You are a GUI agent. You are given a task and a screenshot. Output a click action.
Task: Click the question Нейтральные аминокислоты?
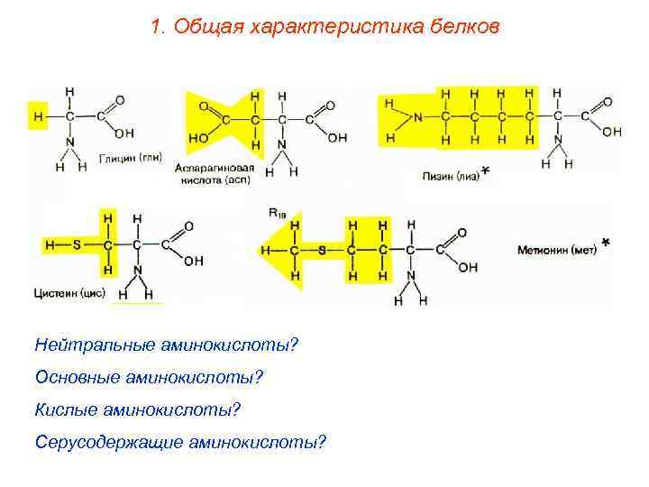[167, 345]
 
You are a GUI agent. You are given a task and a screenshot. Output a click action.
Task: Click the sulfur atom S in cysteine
[77, 243]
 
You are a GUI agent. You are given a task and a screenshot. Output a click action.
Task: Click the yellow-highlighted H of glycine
[37, 115]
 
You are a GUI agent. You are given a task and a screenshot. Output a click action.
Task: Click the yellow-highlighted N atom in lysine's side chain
[418, 116]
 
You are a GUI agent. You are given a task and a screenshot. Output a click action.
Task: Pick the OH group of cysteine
[193, 262]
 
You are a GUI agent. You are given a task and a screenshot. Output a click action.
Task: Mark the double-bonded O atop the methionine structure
[462, 232]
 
